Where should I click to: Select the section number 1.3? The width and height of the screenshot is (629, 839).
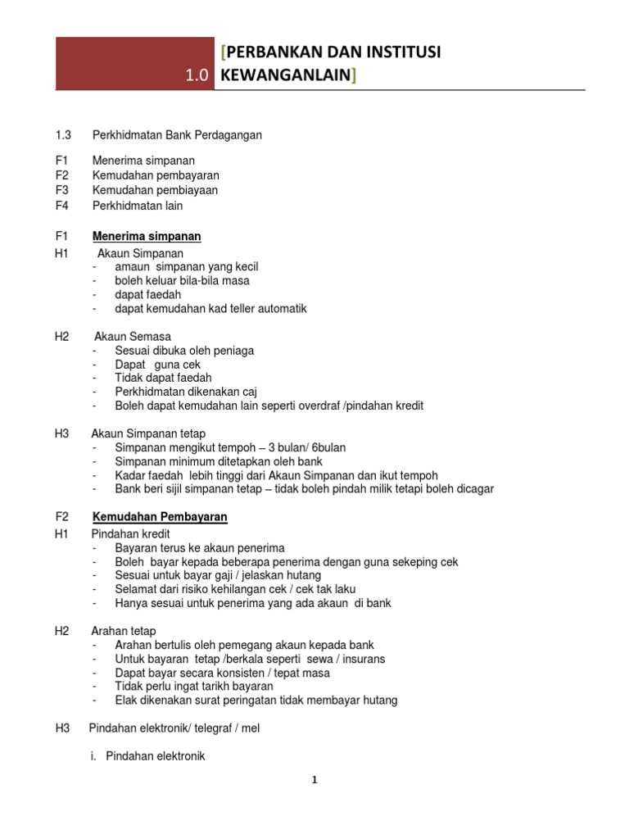64,135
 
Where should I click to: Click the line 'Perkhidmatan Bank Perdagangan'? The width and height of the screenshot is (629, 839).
177,135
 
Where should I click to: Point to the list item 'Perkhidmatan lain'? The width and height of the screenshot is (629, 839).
138,206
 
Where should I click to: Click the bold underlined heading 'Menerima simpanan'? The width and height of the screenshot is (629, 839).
147,237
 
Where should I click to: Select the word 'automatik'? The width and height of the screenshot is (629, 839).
282,309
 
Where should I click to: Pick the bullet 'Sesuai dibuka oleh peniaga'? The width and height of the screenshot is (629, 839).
184,351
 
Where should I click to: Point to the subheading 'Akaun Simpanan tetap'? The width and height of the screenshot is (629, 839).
148,433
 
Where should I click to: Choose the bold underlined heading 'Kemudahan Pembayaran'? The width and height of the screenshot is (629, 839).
160,517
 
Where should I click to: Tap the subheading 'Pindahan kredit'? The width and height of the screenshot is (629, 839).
132,533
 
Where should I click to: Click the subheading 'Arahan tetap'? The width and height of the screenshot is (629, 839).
124,631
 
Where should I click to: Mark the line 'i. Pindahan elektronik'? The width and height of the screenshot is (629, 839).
147,757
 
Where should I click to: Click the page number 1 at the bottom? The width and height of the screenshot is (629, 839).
314,780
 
